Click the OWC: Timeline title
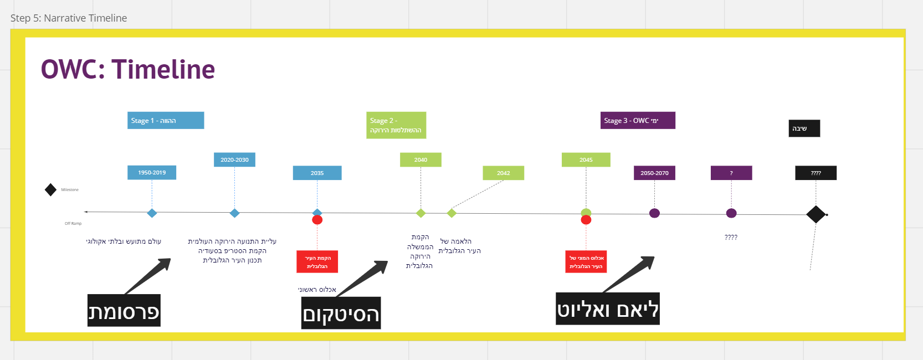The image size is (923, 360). [x=128, y=70]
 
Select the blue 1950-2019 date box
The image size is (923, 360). [x=152, y=172]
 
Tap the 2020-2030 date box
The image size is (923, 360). [x=234, y=160]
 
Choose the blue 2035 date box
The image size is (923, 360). [x=317, y=173]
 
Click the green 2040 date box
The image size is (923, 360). [x=421, y=160]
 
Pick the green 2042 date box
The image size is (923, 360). [x=503, y=173]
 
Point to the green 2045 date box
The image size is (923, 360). [x=586, y=160]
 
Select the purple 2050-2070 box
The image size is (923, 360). [x=654, y=173]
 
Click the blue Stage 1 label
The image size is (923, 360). [x=166, y=120]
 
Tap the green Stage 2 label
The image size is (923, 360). [x=396, y=125]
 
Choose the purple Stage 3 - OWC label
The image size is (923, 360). [x=638, y=120]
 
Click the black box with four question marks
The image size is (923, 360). [x=816, y=173]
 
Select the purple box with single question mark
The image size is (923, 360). [x=731, y=173]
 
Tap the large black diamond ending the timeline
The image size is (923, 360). [x=816, y=214]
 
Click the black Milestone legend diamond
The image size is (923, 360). [x=50, y=190]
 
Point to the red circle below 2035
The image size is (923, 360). [x=317, y=220]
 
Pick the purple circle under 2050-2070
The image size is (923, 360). [x=654, y=213]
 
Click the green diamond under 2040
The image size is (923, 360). [x=421, y=213]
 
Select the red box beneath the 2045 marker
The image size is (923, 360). [x=586, y=262]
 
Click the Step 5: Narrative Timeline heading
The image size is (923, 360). [x=69, y=18]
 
